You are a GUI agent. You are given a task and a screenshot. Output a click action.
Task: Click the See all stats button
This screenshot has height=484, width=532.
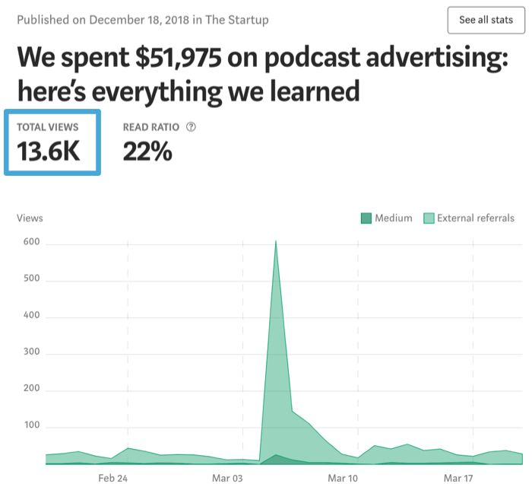click(x=486, y=20)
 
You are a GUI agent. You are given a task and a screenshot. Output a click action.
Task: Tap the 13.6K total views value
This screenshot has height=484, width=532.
click(x=49, y=151)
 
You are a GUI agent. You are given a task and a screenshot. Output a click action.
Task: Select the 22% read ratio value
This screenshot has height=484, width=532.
click(x=147, y=151)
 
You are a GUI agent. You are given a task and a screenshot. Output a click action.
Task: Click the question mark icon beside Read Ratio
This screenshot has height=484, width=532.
click(x=191, y=127)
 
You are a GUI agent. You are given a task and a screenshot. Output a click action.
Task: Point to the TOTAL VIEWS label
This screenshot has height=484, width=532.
click(x=47, y=127)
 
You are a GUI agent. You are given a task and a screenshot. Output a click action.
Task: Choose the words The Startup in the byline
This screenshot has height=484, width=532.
click(x=237, y=19)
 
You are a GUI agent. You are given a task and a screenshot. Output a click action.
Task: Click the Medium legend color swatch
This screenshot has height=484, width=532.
click(x=366, y=218)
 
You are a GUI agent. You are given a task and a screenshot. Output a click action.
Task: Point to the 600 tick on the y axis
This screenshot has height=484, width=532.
click(x=31, y=244)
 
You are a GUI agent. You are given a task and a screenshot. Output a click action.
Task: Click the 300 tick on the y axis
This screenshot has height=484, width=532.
click(x=31, y=355)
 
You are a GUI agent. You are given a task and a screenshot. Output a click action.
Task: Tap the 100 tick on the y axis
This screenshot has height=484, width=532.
click(x=31, y=428)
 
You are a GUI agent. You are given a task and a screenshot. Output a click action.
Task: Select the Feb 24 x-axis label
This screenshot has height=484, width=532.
click(x=112, y=478)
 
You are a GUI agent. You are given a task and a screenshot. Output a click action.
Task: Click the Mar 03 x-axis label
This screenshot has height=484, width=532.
click(x=227, y=478)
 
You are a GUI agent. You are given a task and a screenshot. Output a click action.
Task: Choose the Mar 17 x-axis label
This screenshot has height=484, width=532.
click(x=458, y=478)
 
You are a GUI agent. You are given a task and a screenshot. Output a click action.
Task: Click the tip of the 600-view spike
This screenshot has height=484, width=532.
click(x=275, y=241)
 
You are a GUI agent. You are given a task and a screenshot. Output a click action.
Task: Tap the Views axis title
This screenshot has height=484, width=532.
click(x=30, y=218)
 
